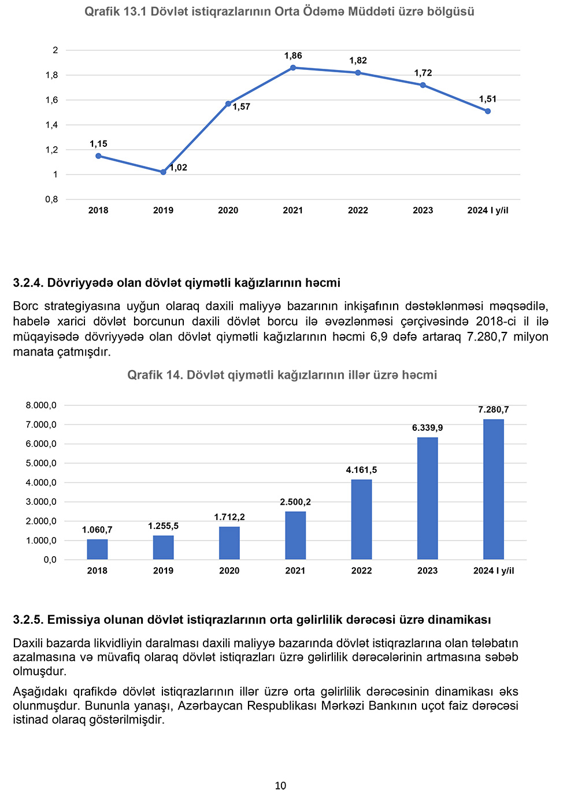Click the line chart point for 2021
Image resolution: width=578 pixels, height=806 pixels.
point(293,68)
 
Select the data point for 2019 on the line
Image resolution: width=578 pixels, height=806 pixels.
point(163,172)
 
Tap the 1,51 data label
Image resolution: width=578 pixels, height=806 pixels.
point(488,99)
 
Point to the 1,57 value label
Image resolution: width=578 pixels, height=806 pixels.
point(242,106)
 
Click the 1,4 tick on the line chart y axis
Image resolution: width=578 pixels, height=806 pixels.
point(52,125)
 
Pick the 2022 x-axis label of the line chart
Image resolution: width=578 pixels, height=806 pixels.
point(358,210)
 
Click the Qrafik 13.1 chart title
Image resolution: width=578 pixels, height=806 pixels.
point(279,12)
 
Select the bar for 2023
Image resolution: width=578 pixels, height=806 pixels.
point(427,498)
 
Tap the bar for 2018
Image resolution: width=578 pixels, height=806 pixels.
point(97,549)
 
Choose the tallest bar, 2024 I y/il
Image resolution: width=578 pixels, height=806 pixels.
point(494,489)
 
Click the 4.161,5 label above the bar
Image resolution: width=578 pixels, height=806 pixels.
point(361,470)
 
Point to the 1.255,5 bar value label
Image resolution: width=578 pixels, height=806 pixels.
point(163,526)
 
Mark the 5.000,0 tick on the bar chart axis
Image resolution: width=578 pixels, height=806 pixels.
point(41,463)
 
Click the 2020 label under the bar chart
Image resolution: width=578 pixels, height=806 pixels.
point(229,571)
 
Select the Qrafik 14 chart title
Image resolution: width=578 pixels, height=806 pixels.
point(282,375)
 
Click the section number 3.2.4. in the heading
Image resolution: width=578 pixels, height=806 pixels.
point(28,283)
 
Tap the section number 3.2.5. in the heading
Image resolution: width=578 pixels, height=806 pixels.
point(28,620)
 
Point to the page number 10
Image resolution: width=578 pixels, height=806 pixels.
point(280,785)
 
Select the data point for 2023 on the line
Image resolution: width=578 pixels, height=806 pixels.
point(423,85)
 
